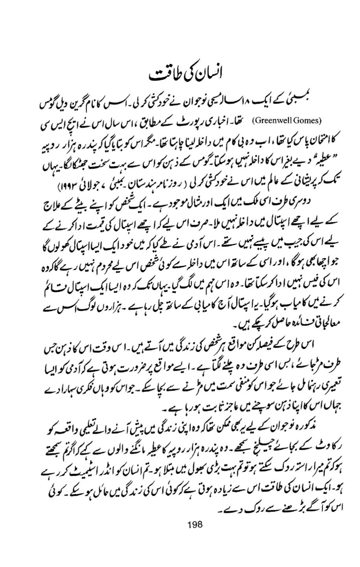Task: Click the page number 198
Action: (195, 523)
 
